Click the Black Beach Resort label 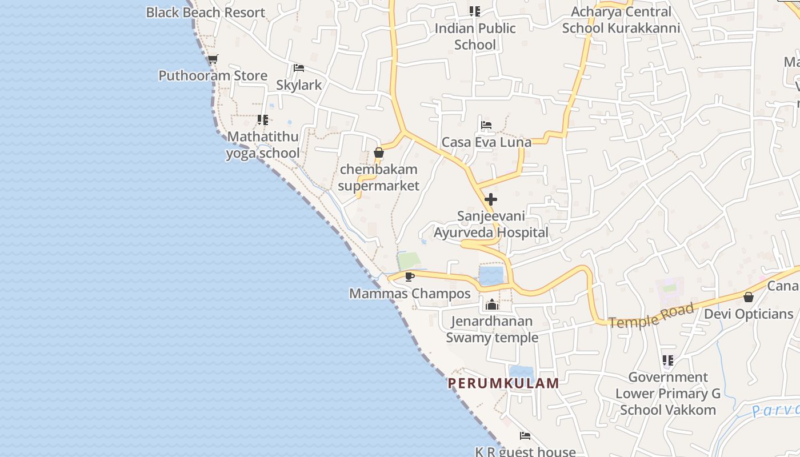[x=205, y=13]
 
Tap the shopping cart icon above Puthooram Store [x=213, y=59]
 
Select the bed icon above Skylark [x=298, y=68]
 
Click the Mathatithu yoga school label [x=263, y=145]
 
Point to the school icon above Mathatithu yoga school [x=263, y=120]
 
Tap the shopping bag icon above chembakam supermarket [x=378, y=153]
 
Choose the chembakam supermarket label [x=378, y=178]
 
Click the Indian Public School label [x=475, y=36]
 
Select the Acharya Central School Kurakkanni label [x=621, y=20]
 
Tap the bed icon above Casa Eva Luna [x=486, y=125]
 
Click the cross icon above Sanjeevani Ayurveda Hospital [x=490, y=199]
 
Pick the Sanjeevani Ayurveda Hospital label [x=491, y=225]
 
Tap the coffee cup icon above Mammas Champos [x=409, y=277]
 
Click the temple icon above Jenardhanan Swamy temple [x=492, y=304]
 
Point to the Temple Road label [x=651, y=316]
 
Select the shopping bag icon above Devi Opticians [x=748, y=297]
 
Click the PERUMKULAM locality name [x=503, y=383]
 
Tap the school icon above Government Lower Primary [x=667, y=360]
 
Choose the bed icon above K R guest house [x=525, y=436]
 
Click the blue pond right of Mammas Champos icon [x=491, y=275]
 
